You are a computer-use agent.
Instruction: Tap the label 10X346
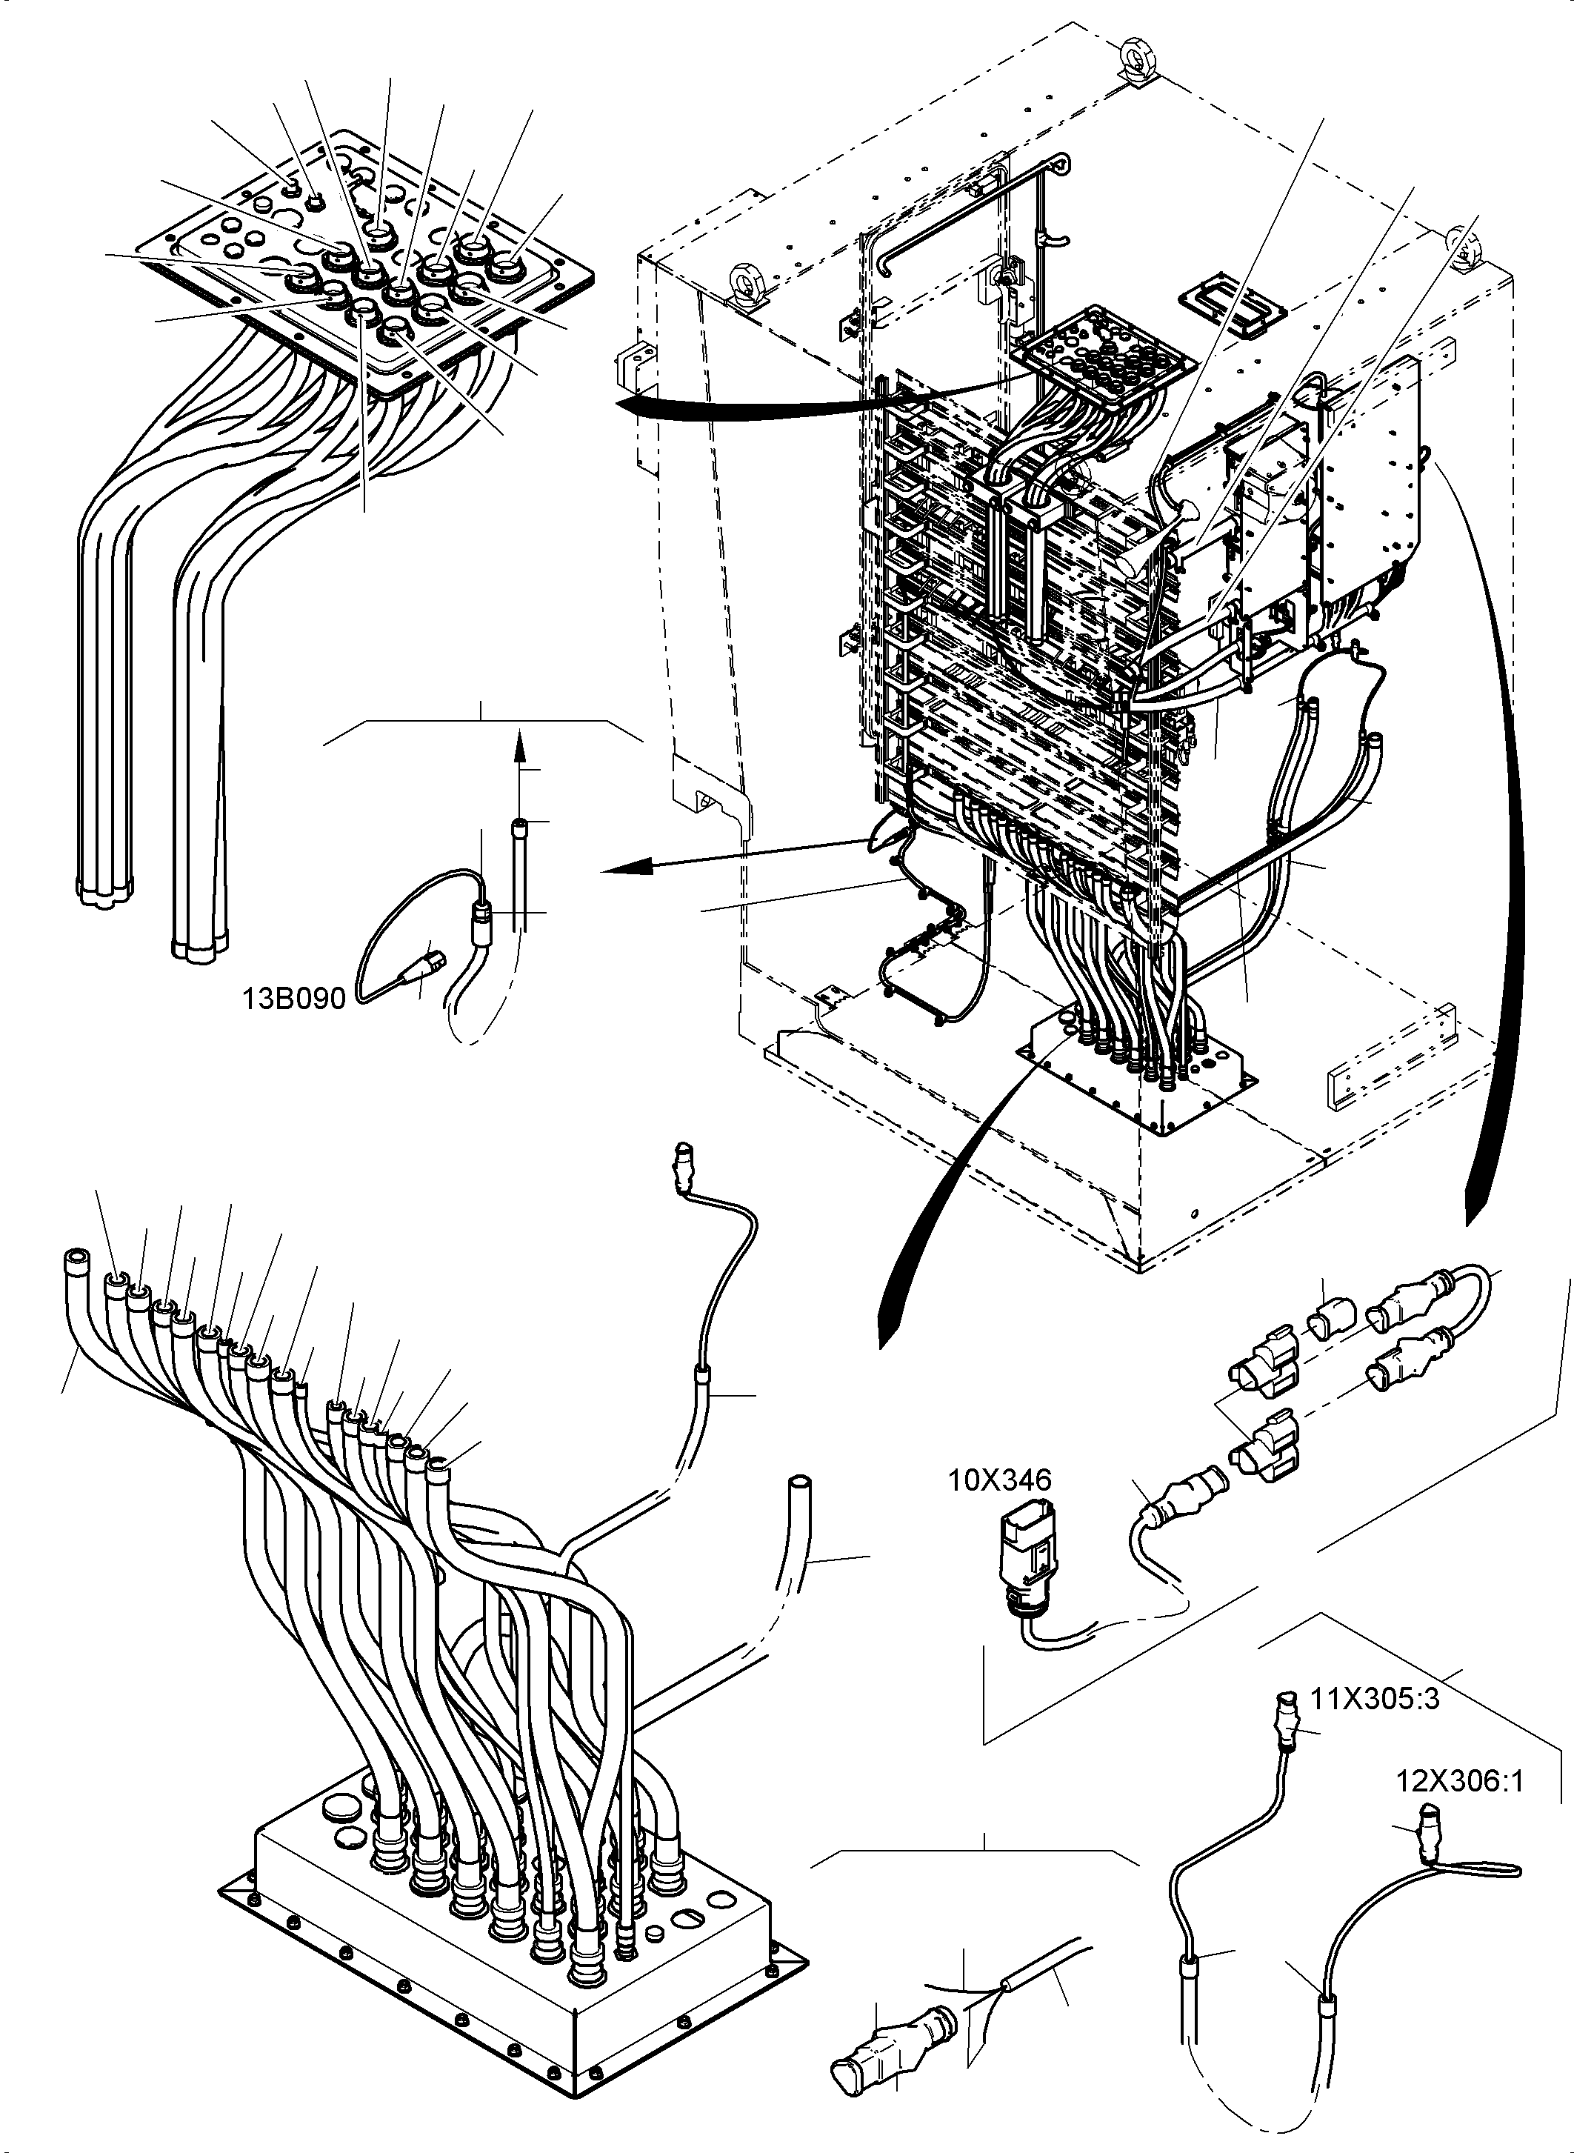pos(999,1480)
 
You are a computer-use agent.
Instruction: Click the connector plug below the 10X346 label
pos(1025,1563)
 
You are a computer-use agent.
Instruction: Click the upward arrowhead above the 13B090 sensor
pos(519,745)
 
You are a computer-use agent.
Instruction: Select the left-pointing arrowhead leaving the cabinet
pos(629,865)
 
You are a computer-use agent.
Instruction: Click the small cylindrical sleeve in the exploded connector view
pos(1330,1322)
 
